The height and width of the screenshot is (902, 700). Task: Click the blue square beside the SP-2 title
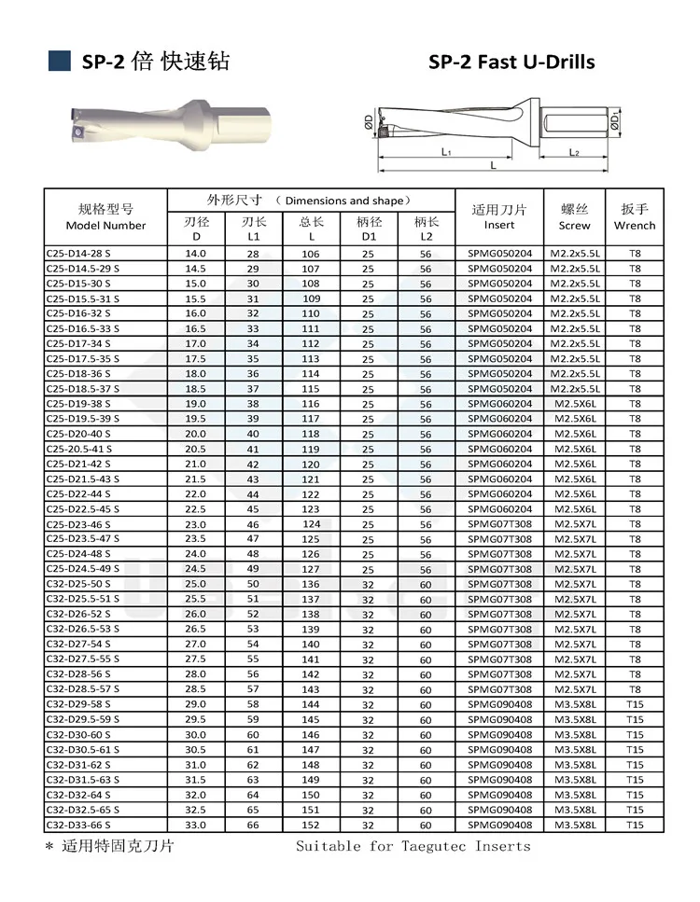coord(60,61)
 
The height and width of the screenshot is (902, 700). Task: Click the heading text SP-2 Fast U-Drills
coord(511,62)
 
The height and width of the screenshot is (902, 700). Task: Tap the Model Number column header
coord(105,216)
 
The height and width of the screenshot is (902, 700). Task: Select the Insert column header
coord(499,216)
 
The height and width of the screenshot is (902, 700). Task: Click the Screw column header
coord(575,216)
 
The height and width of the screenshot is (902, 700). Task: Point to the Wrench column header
coord(635,216)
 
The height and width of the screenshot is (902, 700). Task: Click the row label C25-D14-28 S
coord(78,253)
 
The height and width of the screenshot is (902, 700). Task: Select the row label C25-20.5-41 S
coord(78,449)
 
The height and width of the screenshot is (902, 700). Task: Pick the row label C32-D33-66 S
coord(78,825)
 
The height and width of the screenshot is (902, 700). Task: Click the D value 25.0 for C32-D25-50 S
coord(196,584)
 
